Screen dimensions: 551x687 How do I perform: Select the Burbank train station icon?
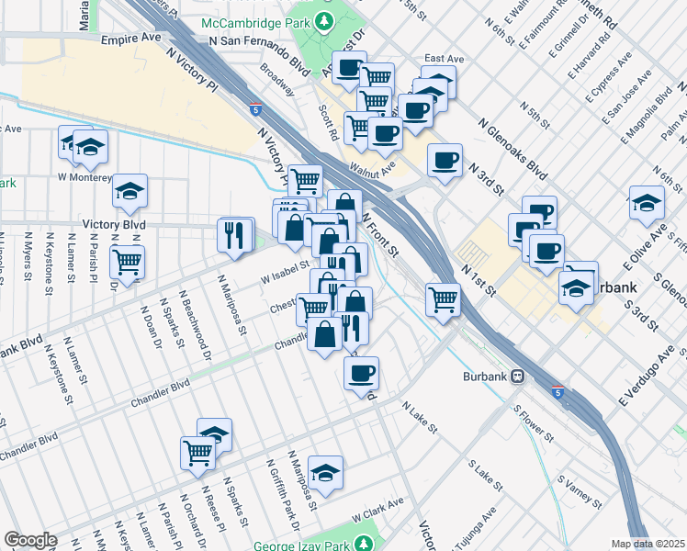point(518,376)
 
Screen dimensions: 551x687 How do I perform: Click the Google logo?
point(29,540)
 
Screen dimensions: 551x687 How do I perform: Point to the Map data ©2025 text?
point(648,544)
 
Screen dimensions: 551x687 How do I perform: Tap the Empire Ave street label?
point(130,41)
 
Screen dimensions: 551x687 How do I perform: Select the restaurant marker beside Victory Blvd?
point(235,235)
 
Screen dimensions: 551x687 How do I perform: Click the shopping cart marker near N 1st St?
point(443,299)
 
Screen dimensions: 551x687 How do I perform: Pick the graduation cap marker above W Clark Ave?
point(325,472)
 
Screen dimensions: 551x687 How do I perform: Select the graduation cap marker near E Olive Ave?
point(647,203)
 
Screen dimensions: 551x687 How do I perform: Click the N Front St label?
point(380,234)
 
